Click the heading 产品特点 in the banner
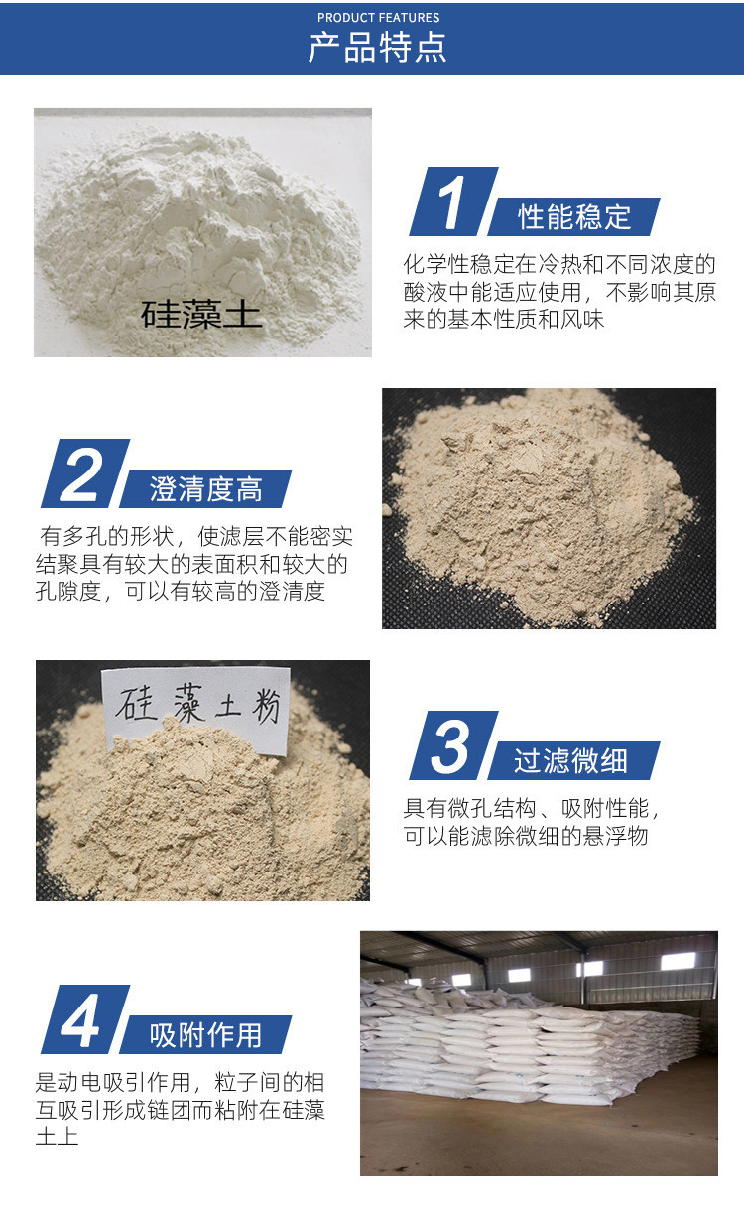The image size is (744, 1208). [377, 47]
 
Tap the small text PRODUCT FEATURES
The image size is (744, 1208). [379, 18]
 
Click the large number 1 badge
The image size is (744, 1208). [453, 201]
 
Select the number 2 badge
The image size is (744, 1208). [85, 473]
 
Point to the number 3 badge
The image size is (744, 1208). [453, 745]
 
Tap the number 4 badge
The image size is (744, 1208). [85, 1019]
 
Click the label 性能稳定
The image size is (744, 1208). [574, 217]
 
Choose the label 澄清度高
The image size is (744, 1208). [206, 489]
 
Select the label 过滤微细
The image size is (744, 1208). [570, 761]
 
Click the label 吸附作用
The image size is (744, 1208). [206, 1035]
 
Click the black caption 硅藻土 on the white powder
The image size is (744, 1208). [201, 315]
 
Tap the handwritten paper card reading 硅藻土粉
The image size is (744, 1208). [196, 710]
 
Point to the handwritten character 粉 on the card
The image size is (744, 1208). [266, 706]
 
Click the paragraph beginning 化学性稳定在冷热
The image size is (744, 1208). [559, 292]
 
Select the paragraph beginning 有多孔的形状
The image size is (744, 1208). [194, 564]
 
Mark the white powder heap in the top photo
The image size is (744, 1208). [199, 237]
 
